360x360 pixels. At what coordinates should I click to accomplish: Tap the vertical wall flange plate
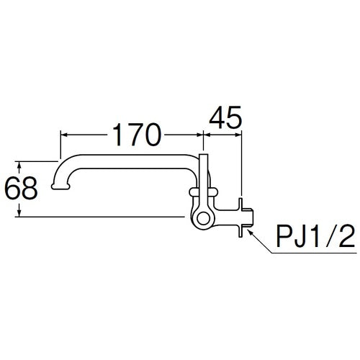(240, 213)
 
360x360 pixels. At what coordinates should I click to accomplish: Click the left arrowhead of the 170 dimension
(62, 134)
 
